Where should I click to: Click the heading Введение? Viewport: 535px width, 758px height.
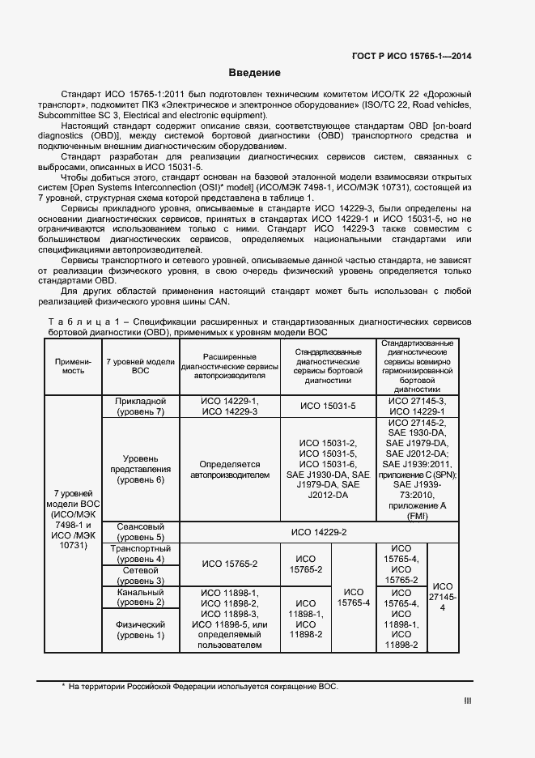(x=254, y=73)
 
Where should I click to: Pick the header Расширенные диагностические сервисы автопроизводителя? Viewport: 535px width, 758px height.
(x=229, y=365)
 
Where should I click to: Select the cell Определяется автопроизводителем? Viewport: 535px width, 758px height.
(x=229, y=469)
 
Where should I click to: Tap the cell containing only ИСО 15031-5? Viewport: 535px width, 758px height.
(x=328, y=407)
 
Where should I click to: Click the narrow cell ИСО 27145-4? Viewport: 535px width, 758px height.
(x=441, y=597)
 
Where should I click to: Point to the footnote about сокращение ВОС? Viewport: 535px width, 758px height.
(x=199, y=687)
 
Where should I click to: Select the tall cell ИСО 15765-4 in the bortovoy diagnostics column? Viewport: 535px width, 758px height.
(x=353, y=597)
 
